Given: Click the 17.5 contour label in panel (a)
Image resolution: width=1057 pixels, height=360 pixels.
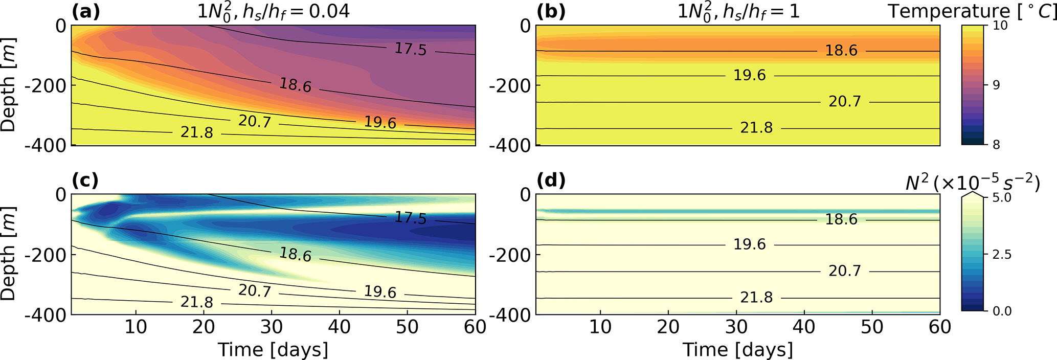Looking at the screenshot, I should [410, 49].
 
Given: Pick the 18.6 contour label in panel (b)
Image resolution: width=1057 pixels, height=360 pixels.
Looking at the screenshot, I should [841, 51].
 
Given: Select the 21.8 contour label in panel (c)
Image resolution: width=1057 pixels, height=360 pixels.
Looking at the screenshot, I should [197, 302].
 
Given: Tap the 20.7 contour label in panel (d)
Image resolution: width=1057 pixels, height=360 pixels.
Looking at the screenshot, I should [845, 271].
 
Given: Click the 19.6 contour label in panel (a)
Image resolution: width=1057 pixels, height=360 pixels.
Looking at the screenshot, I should [380, 123].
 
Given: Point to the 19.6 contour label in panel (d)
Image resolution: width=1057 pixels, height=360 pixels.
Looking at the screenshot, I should [750, 244].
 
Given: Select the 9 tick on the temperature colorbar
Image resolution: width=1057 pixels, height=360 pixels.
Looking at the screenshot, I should [996, 85].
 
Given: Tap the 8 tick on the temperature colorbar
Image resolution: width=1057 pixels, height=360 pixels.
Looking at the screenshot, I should [996, 145].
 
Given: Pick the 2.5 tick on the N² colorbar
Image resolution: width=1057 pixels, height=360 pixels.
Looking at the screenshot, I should [1001, 255].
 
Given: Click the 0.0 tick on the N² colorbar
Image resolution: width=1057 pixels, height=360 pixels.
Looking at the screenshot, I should [1001, 311].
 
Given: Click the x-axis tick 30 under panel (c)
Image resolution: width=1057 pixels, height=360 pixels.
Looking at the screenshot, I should [272, 327].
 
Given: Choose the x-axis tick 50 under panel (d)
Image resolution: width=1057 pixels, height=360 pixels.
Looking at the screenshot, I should [872, 327].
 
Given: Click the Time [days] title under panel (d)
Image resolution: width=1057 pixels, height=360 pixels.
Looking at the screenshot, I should [737, 350].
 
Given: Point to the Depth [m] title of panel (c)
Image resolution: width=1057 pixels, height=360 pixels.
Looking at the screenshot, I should [9, 254].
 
